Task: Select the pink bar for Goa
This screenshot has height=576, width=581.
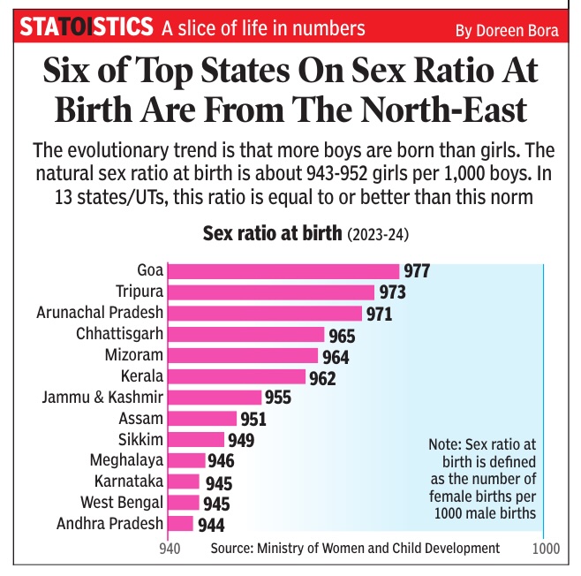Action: [283, 270]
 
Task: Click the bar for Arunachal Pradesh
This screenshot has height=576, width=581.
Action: [265, 313]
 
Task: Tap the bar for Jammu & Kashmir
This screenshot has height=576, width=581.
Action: [215, 397]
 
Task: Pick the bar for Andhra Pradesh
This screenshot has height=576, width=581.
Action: [180, 523]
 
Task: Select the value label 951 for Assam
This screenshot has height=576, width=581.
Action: [253, 419]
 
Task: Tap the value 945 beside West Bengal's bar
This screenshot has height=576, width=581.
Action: [217, 504]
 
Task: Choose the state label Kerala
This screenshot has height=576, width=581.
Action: [141, 376]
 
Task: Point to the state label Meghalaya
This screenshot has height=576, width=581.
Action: [126, 459]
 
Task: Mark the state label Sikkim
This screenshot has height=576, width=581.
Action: [140, 439]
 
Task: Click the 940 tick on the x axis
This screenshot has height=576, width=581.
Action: [170, 549]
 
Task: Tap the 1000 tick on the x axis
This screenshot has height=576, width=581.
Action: [546, 549]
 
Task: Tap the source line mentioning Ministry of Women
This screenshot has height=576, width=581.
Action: [355, 548]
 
